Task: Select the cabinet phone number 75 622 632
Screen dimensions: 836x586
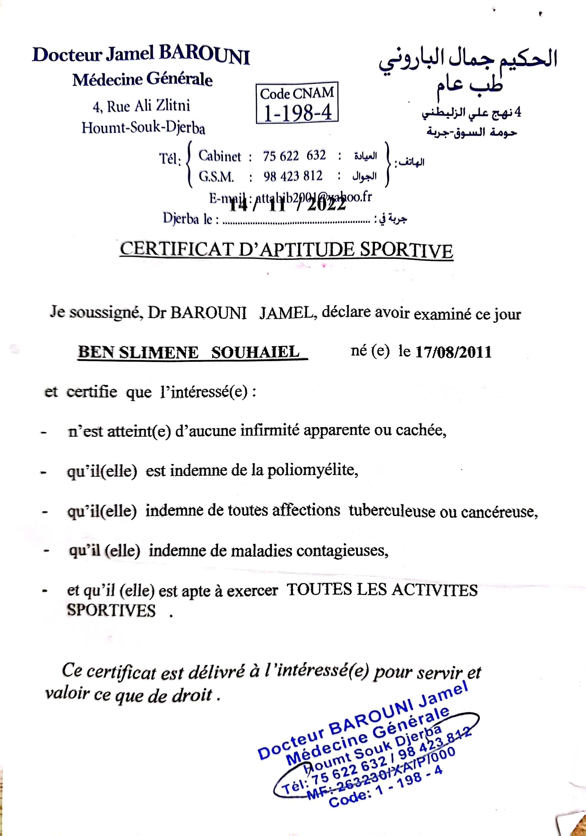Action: click(x=294, y=156)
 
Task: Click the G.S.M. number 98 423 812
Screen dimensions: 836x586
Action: click(x=293, y=176)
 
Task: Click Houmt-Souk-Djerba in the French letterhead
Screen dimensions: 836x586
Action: click(x=143, y=128)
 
